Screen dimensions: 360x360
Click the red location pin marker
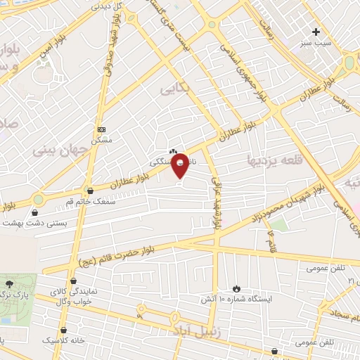tap(181, 166)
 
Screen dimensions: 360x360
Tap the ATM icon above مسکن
tap(102, 130)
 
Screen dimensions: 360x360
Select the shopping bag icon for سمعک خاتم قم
tap(89, 190)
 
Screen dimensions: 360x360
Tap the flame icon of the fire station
tap(236, 288)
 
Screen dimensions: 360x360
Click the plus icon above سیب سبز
tap(316, 32)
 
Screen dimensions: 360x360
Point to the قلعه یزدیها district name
tap(274, 161)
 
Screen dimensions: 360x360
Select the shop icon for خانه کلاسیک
tap(65, 329)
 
